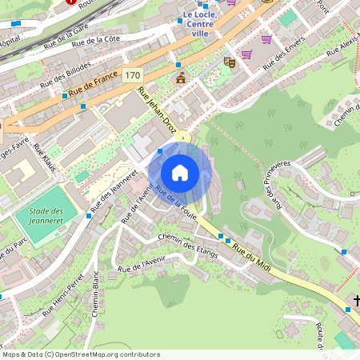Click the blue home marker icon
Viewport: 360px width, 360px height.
coord(180,173)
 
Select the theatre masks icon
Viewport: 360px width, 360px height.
coord(230,61)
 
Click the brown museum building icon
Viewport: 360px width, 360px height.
coord(181,78)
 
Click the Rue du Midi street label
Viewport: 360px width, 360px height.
coord(252,260)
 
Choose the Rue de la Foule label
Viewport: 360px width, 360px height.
coord(176,202)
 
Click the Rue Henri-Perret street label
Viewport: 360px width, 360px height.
coord(63,295)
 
